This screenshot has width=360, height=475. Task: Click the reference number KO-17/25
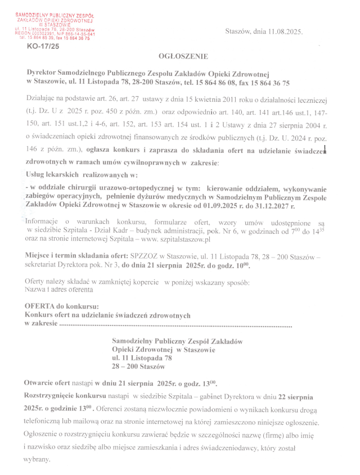pyautogui.click(x=42, y=47)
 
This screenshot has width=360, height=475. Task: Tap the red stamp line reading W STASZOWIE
pyautogui.click(x=55, y=25)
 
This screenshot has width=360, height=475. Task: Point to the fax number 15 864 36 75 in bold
pyautogui.click(x=267, y=83)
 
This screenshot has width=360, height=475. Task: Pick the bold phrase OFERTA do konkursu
pyautogui.click(x=61, y=306)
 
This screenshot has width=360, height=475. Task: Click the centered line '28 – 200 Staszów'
pyautogui.click(x=138, y=367)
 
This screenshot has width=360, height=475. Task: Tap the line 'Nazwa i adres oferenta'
pyautogui.click(x=59, y=290)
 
